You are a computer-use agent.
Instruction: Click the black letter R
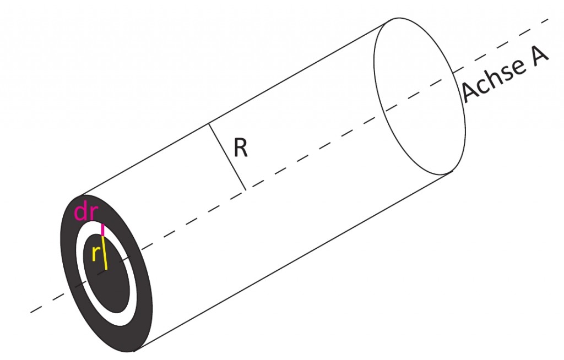click(x=241, y=148)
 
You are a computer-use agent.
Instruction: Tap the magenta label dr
click(x=85, y=212)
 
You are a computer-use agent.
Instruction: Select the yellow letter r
click(x=95, y=254)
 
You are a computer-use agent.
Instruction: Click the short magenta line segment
click(x=102, y=230)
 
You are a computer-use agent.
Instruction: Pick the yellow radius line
click(x=105, y=253)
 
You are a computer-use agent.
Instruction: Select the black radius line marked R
click(x=227, y=157)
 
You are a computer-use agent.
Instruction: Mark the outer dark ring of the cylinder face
click(x=68, y=252)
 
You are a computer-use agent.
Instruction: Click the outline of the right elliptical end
click(x=375, y=72)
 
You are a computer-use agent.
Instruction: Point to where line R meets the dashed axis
click(x=246, y=190)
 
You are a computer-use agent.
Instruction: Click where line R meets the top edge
click(x=209, y=124)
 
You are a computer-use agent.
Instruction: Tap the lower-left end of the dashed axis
click(x=31, y=312)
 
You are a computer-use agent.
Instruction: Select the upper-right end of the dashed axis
click(x=548, y=19)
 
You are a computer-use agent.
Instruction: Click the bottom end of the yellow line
click(x=107, y=269)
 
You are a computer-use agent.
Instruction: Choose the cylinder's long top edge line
click(x=234, y=110)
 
